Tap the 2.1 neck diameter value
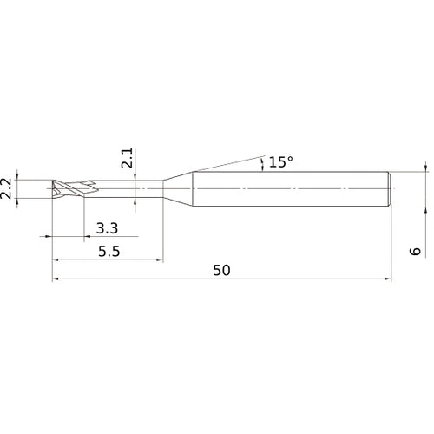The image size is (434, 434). click(128, 160)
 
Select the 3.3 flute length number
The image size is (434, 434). click(108, 229)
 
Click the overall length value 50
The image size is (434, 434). click(221, 271)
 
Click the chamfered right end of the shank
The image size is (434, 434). click(391, 188)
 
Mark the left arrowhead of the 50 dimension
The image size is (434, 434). click(56, 279)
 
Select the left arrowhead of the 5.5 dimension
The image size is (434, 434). click(56, 259)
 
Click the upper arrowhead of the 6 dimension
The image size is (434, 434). click(425, 169)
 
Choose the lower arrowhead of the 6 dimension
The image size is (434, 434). click(425, 207)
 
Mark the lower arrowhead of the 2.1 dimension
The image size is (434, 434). click(136, 199)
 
